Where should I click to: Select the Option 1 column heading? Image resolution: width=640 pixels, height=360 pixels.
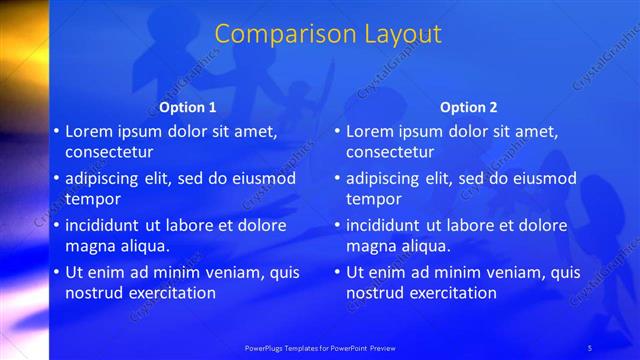[x=187, y=107]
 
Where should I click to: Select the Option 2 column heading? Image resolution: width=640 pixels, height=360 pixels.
[x=468, y=107]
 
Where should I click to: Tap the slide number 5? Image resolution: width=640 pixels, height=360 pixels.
[x=590, y=347]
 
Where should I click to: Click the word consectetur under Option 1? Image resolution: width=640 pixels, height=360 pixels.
[x=109, y=153]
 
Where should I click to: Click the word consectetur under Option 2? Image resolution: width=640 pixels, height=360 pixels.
[x=390, y=153]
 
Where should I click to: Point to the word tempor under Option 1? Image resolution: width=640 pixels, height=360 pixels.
[x=94, y=199]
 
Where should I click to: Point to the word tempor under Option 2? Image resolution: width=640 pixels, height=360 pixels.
[x=374, y=199]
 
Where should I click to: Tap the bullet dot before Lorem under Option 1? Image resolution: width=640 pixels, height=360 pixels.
[x=56, y=131]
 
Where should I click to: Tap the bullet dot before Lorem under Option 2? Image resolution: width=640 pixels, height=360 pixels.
[x=337, y=131]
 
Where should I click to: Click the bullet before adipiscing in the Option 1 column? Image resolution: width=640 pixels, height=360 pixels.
[x=56, y=178]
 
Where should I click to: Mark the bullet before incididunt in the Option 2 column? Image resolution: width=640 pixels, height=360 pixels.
[x=337, y=225]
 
